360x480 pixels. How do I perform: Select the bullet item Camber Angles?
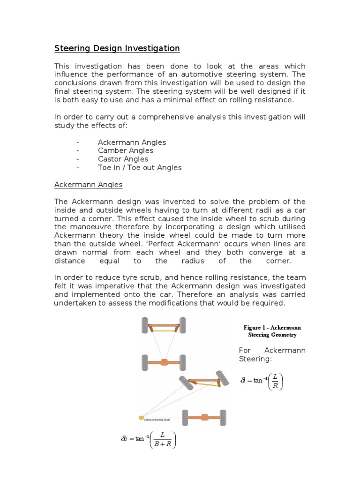[125, 150]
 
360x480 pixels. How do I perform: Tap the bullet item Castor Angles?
[123, 159]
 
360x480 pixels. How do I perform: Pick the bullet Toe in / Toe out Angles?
[139, 167]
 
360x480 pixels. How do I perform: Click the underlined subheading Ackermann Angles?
[88, 185]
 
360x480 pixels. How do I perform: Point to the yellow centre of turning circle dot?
[141, 417]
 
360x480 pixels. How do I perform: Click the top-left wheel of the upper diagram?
[144, 325]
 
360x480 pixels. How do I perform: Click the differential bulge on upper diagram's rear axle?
[164, 362]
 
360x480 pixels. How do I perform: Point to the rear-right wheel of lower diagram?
[223, 416]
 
